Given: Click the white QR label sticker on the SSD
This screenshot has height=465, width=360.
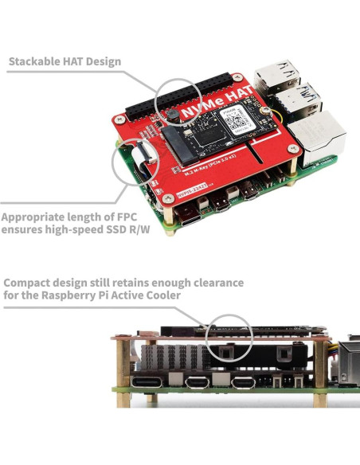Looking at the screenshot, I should coord(237,120).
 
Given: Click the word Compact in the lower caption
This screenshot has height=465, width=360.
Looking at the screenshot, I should coord(30,283).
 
